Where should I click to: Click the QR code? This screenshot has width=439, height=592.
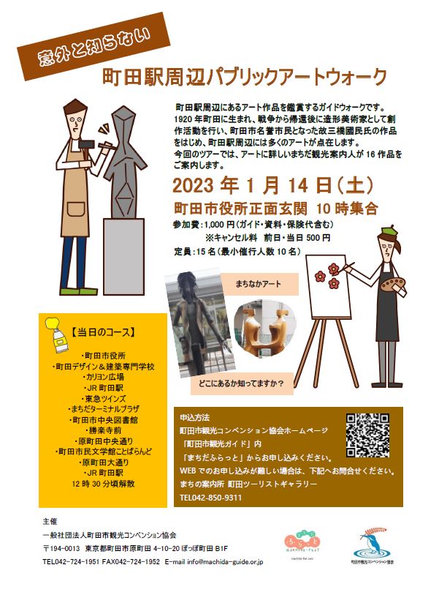(367, 435)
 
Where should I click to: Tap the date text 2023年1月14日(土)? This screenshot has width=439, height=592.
(273, 185)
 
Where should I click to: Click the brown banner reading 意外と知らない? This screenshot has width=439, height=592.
(94, 46)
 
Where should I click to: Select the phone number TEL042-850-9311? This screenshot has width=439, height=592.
(210, 498)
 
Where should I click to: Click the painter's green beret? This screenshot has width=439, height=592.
(388, 230)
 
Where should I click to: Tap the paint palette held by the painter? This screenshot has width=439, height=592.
(392, 283)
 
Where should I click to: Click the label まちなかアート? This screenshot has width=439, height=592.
(259, 284)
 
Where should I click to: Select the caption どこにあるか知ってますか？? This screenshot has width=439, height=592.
(242, 383)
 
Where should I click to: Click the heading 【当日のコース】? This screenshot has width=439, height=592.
(103, 333)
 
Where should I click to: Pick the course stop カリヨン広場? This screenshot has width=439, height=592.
(103, 377)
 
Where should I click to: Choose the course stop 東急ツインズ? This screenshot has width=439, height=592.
(103, 399)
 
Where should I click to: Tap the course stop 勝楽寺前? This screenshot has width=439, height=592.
(103, 430)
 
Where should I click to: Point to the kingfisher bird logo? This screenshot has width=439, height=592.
(372, 544)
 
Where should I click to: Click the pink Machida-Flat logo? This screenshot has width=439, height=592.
(302, 541)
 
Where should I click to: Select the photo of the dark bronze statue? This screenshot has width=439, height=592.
(200, 323)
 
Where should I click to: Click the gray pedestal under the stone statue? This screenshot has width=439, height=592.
(123, 256)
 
